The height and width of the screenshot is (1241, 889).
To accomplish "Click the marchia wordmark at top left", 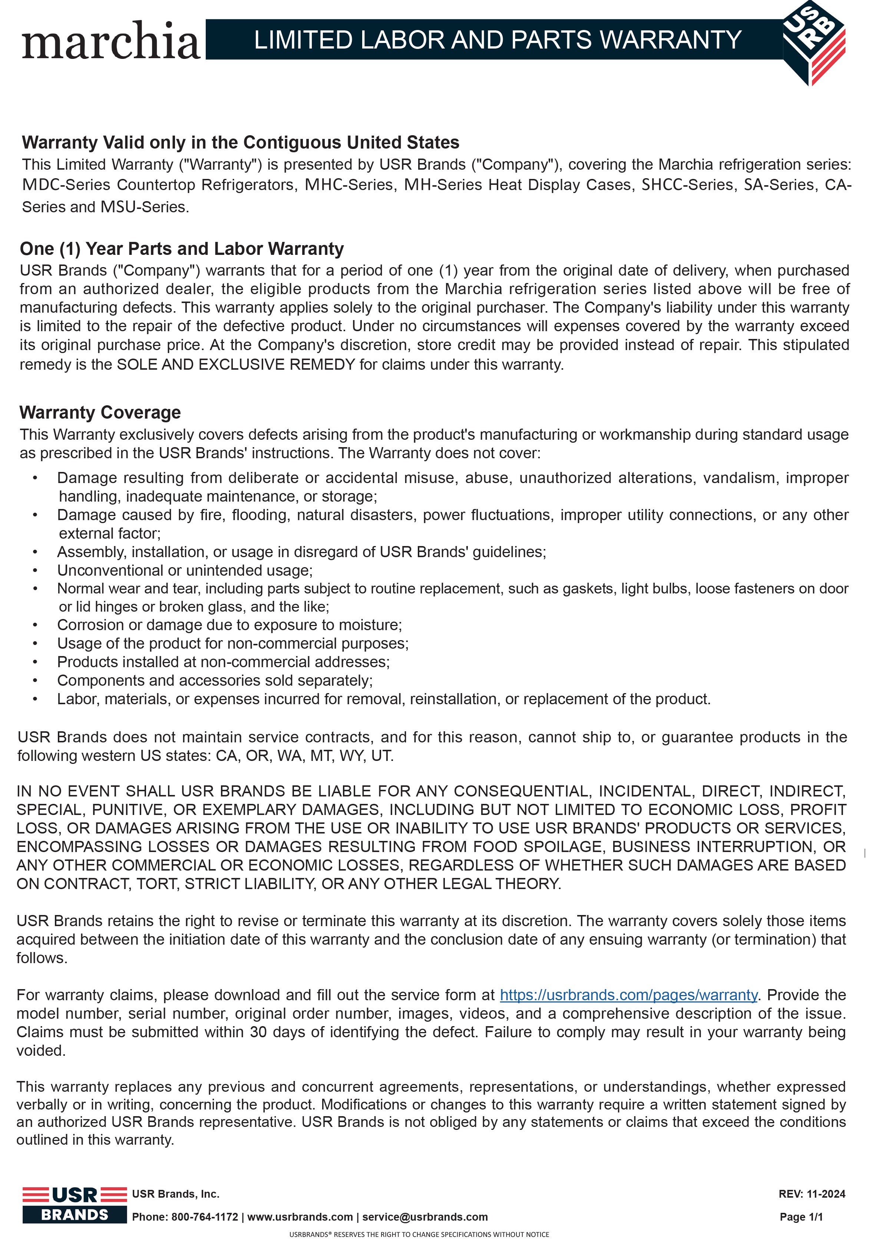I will coord(112,41).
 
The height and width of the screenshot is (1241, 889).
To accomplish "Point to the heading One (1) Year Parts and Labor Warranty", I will coord(182,249).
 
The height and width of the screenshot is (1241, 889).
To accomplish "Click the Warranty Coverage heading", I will coord(100,412).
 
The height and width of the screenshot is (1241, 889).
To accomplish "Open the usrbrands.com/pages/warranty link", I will coord(628,995).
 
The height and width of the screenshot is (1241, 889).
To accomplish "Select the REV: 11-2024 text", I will coord(812,1194).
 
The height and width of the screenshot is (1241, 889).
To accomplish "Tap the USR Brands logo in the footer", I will coord(75,1205).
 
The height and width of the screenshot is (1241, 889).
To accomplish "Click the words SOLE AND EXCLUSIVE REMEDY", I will coord(237,365).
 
